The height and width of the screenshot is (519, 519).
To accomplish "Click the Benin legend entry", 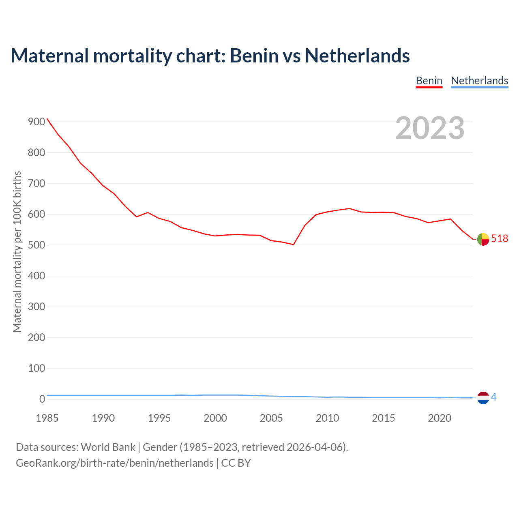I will click(x=429, y=81).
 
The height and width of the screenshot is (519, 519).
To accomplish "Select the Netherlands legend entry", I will click(x=479, y=81).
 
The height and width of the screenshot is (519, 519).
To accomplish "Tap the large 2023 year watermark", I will click(x=430, y=128).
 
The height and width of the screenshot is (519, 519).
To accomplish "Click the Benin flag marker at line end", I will click(x=483, y=239).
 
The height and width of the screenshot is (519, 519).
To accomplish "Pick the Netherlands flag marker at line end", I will click(x=483, y=398).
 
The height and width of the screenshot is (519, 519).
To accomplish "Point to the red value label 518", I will click(x=500, y=239).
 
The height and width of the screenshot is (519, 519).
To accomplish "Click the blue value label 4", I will click(x=493, y=397).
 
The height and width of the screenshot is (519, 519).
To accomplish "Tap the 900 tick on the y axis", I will click(x=36, y=122).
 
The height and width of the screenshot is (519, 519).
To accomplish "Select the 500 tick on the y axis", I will click(x=36, y=245).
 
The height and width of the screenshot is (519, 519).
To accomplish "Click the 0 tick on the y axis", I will click(x=42, y=399).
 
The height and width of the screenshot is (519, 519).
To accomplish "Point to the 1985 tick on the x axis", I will click(x=47, y=418).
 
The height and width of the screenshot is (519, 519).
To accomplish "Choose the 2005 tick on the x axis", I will click(x=271, y=418).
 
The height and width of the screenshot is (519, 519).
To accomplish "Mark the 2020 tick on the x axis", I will click(x=440, y=418).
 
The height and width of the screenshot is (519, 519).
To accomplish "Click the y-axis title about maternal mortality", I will click(x=17, y=251).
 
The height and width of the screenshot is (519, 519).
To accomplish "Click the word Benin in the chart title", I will click(x=254, y=56).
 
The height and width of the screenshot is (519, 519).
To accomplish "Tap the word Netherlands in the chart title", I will click(x=357, y=56).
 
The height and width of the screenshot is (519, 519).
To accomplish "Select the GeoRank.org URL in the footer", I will click(x=115, y=463).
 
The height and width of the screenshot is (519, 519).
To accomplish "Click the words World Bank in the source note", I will click(x=108, y=447).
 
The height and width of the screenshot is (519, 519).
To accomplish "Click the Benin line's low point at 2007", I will click(x=293, y=244).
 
